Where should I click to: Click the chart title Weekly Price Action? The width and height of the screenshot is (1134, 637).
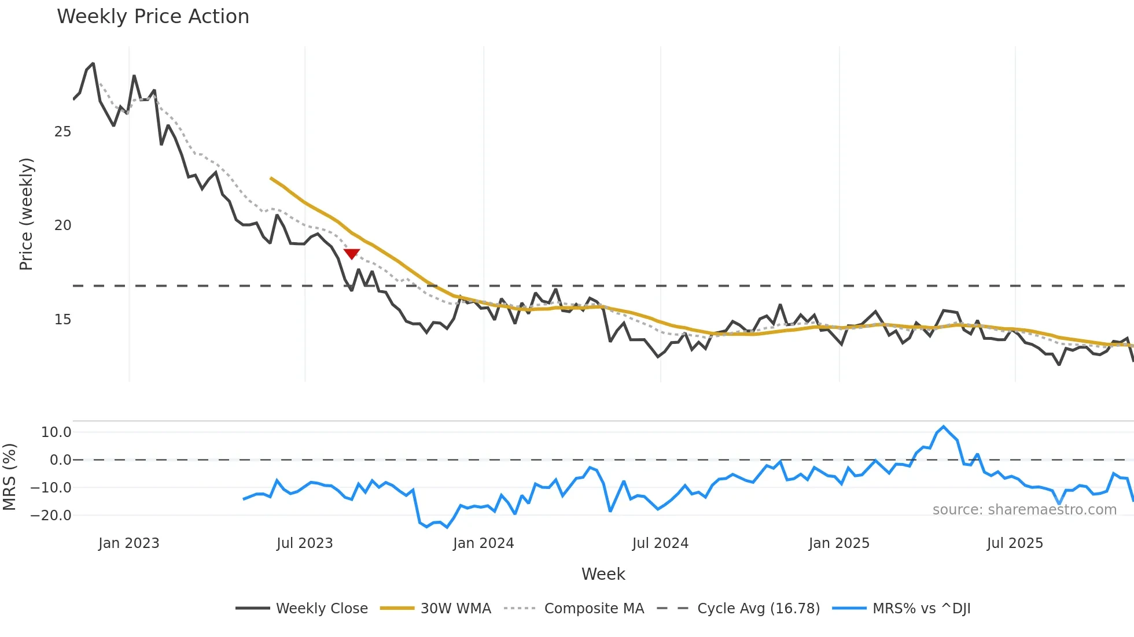click(x=153, y=17)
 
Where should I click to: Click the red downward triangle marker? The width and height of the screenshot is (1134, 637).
click(x=352, y=254)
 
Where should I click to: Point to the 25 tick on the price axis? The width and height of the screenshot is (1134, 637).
click(x=62, y=132)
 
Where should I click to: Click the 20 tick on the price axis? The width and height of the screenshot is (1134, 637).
click(x=62, y=225)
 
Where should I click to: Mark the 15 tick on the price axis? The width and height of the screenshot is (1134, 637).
click(x=62, y=320)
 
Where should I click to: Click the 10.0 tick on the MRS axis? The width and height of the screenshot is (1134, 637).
click(x=56, y=432)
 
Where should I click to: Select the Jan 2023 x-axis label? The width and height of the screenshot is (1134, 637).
click(x=128, y=543)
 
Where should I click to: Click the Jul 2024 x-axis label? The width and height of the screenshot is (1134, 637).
click(x=660, y=543)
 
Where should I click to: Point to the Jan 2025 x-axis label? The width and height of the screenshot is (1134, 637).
click(x=839, y=543)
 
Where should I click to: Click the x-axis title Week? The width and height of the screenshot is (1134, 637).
click(x=603, y=574)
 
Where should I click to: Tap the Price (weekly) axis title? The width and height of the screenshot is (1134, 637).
click(x=26, y=214)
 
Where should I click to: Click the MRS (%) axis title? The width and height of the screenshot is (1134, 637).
click(x=9, y=477)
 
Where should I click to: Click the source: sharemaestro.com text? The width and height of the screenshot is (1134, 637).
click(x=1024, y=510)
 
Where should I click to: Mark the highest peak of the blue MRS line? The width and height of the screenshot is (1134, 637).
click(x=944, y=427)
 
